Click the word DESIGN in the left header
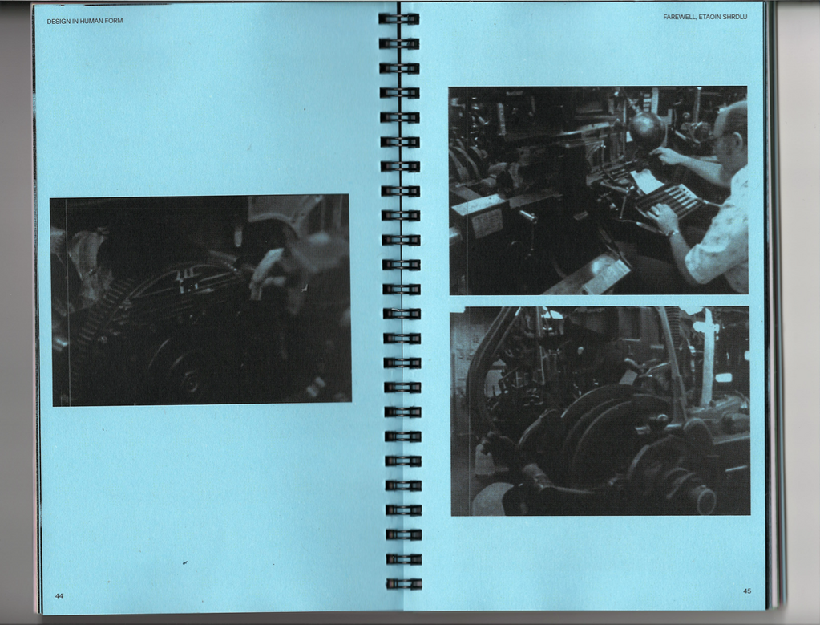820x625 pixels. [58, 22]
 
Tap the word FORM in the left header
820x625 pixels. [114, 21]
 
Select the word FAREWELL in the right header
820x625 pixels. [679, 18]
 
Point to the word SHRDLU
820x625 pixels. [735, 18]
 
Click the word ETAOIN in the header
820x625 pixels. [709, 18]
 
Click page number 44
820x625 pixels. [59, 595]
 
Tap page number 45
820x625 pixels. [747, 591]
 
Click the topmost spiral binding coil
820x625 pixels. [398, 19]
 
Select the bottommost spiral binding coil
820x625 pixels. [404, 583]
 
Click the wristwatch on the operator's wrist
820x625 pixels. [671, 233]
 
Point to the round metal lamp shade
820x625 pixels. [646, 128]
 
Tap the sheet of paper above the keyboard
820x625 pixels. [647, 181]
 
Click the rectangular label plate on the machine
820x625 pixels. [487, 221]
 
